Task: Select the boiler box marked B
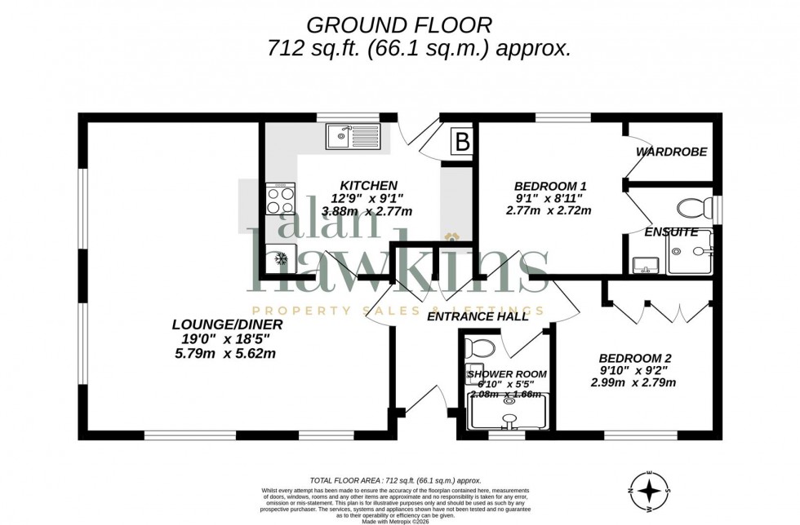462,143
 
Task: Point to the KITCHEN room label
370,186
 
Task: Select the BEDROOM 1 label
550,186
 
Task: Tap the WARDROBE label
671,152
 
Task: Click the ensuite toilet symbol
693,206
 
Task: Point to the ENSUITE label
671,232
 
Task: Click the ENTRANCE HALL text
478,316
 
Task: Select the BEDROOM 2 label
635,358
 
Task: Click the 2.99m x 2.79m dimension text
633,382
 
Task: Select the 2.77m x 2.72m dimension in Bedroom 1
548,210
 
